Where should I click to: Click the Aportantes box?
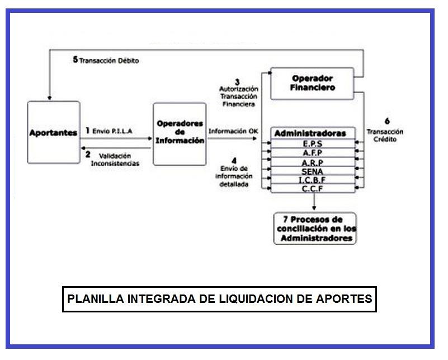click(53, 133)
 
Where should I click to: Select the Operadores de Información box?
click(180, 133)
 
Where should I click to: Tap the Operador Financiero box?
click(312, 83)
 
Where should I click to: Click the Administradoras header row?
click(312, 133)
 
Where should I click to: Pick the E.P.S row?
click(312, 143)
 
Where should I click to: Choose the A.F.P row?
click(312, 152)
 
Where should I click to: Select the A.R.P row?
click(312, 162)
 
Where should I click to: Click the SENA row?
click(312, 171)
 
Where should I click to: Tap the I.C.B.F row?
click(312, 180)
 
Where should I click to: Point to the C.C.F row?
click(312, 189)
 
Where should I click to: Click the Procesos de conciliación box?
click(315, 228)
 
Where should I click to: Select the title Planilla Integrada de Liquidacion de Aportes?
click(219, 298)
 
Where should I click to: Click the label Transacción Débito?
click(109, 60)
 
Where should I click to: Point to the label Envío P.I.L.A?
click(110, 130)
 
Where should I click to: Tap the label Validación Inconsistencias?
click(115, 159)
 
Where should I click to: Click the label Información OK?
click(233, 131)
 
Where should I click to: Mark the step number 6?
click(387, 121)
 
